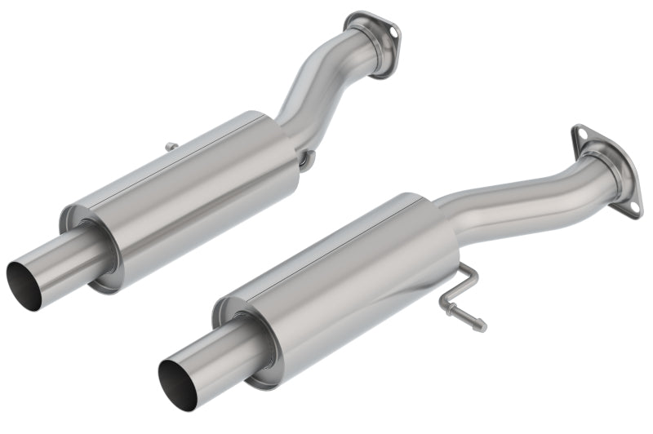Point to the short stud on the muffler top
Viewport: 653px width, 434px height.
pyautogui.click(x=171, y=147)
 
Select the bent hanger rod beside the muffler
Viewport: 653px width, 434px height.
pyautogui.click(x=461, y=294)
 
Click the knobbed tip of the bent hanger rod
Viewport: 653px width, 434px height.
pyautogui.click(x=482, y=325)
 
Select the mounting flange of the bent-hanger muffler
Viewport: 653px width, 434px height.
pyautogui.click(x=608, y=167)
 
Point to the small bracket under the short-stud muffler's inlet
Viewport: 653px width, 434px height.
pyautogui.click(x=305, y=161)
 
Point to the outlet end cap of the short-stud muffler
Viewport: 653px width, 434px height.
pyautogui.click(x=90, y=245)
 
